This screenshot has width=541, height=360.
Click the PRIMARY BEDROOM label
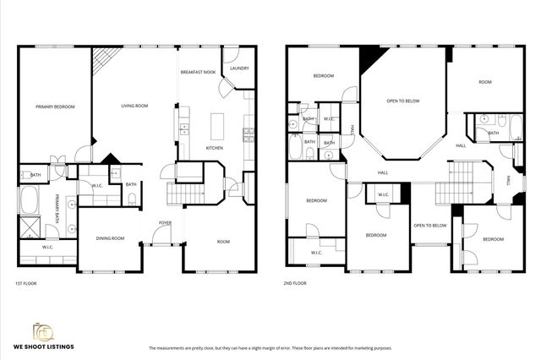pos(55,106)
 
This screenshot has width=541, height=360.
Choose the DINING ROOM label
pos(110,238)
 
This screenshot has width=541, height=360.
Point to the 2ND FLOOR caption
pos(295,283)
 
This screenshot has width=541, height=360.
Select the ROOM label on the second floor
pos(484,82)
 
